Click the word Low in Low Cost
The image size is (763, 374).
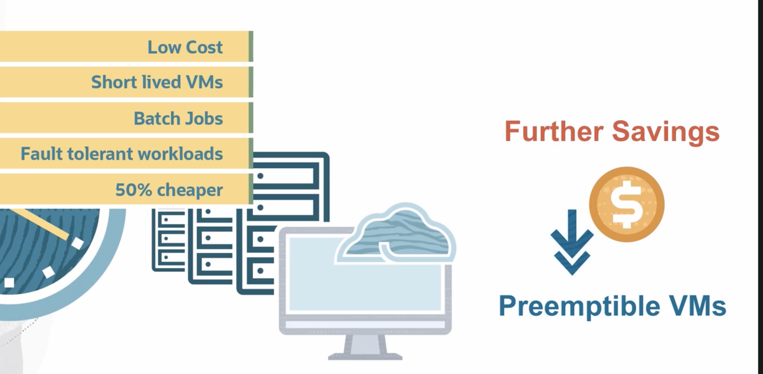pyautogui.click(x=164, y=48)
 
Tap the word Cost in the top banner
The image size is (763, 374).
pyautogui.click(x=204, y=48)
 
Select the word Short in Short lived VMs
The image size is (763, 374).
pyautogui.click(x=114, y=82)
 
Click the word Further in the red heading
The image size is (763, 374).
pyautogui.click(x=554, y=131)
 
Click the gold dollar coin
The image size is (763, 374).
pyautogui.click(x=627, y=205)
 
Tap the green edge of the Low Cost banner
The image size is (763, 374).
pyautogui.click(x=251, y=47)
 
